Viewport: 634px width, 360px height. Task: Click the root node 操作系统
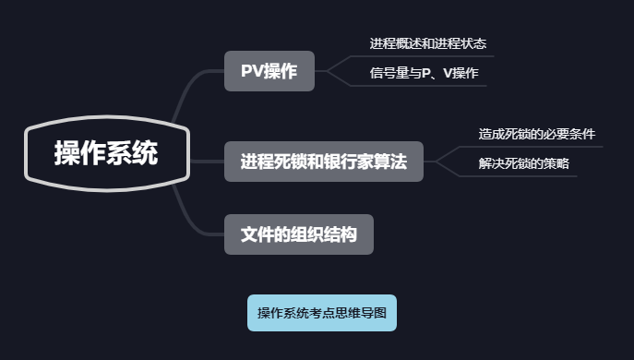[105, 153]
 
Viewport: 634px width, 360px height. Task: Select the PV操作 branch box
[269, 71]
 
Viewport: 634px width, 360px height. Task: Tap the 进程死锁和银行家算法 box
[323, 162]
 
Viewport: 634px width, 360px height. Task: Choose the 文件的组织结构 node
[299, 234]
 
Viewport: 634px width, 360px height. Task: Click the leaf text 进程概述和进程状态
[427, 43]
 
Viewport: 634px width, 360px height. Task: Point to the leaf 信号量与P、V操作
[424, 72]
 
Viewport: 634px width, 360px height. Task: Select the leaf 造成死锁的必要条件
[536, 134]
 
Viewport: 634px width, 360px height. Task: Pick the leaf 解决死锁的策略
[523, 163]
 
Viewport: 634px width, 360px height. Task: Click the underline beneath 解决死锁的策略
[523, 175]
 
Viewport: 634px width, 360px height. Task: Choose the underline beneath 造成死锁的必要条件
[536, 146]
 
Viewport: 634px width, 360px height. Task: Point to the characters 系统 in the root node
[133, 153]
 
